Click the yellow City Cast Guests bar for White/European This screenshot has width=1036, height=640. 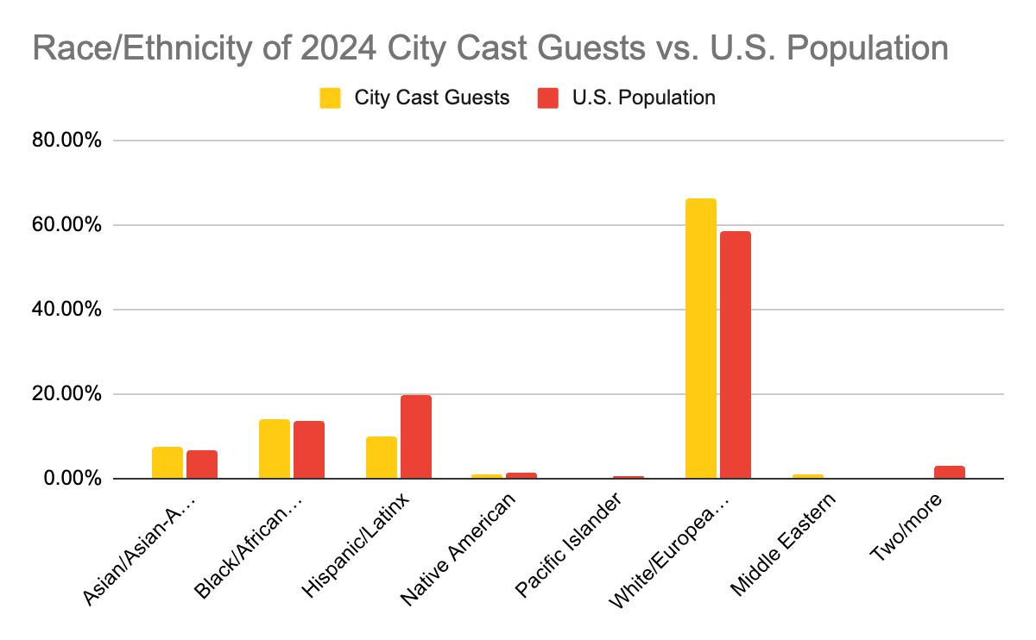click(x=700, y=338)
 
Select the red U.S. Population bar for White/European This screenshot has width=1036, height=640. click(x=735, y=355)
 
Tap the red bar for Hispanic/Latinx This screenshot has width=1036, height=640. click(x=415, y=436)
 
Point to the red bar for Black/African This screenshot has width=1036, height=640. click(x=308, y=449)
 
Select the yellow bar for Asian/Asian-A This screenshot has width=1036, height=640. click(x=167, y=462)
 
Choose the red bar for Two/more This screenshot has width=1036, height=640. click(x=949, y=472)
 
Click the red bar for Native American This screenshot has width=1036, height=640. click(x=521, y=475)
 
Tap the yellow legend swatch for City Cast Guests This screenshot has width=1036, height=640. click(x=330, y=98)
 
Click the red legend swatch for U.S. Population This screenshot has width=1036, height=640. click(x=547, y=98)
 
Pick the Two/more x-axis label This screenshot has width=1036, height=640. click(x=905, y=528)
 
